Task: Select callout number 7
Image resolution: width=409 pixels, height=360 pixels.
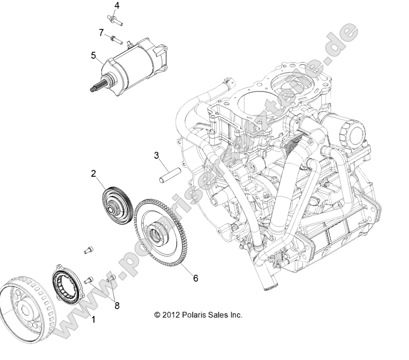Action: (101, 32)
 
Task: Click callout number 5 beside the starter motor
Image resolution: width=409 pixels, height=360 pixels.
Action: (93, 55)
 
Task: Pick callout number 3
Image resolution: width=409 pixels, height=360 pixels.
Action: (156, 155)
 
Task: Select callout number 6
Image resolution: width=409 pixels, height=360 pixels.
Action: (195, 278)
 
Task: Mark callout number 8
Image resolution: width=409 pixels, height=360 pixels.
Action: (117, 306)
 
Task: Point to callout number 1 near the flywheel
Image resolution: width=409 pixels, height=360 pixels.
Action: (94, 320)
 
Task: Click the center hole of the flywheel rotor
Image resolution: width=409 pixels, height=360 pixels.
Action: (25, 311)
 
